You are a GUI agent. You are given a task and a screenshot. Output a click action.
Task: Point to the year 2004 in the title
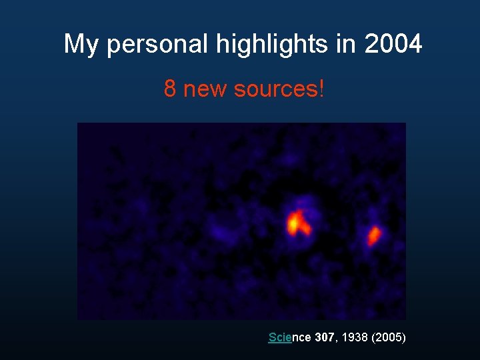coord(393,45)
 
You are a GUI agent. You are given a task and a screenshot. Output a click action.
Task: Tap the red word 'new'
coord(205,89)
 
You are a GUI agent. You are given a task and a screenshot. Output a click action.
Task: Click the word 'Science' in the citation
coord(289,337)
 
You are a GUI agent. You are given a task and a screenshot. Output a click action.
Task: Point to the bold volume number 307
coord(324,337)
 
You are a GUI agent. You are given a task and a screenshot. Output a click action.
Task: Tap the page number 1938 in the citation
coord(354,337)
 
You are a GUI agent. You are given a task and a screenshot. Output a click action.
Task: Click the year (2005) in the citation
coord(389,337)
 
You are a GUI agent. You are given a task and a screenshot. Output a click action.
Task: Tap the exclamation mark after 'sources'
coord(321,89)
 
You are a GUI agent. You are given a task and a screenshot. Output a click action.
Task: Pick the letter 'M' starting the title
coord(73,45)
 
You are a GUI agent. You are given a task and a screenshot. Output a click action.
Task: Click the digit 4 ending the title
coord(415,45)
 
